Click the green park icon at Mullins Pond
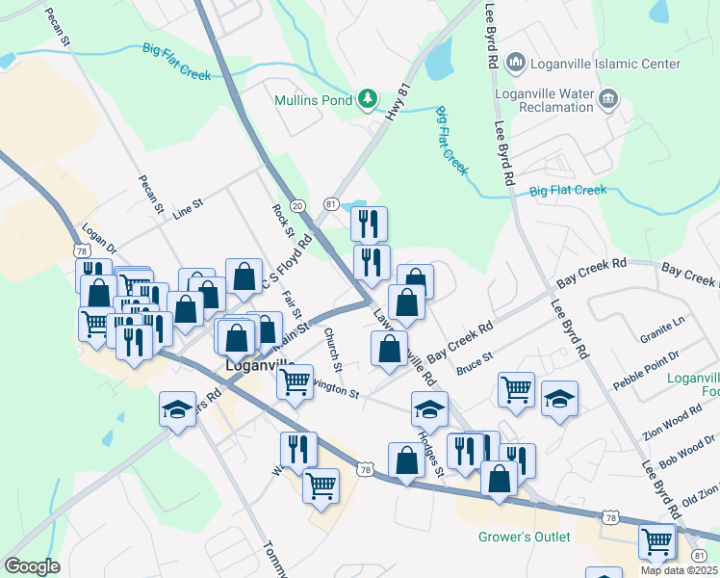(367, 97)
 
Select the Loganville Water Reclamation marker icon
(608, 97)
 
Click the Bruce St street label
(475, 364)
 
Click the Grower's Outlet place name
(525, 537)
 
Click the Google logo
(31, 566)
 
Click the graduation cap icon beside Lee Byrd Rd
(559, 398)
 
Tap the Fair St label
(292, 300)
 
